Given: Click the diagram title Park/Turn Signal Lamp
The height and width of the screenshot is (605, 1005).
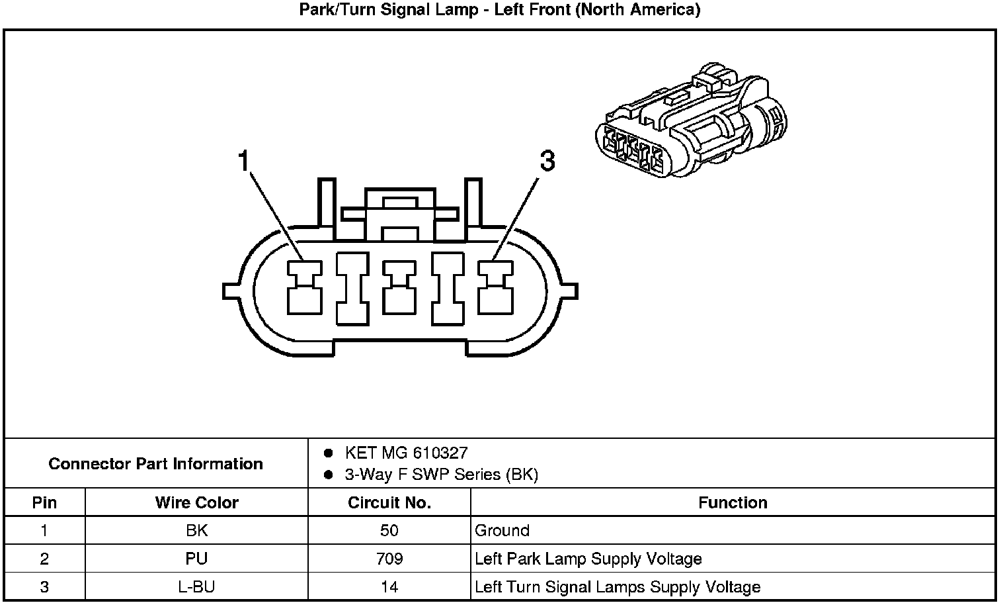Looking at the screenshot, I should [x=500, y=10].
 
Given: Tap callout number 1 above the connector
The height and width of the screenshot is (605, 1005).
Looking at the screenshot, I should [x=244, y=161].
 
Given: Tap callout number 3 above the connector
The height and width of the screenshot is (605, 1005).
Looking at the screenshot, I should [x=547, y=161].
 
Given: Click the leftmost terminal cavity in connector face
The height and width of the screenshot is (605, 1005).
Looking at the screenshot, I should [x=304, y=287].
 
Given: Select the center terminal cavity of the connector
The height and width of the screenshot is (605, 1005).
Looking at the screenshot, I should [x=399, y=287].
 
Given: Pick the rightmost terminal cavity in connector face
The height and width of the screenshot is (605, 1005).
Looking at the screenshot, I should [x=495, y=287].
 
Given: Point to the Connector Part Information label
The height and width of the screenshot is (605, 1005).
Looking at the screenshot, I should [x=156, y=463].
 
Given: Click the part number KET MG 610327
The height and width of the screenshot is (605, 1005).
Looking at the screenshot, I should [x=406, y=453].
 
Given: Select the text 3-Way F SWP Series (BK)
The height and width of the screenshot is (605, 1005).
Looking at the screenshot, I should [x=441, y=475].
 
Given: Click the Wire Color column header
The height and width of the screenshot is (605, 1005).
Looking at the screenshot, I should [x=196, y=502].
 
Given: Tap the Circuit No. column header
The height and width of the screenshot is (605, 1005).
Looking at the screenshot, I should [x=389, y=502].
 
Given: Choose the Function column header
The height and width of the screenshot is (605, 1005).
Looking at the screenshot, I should [x=733, y=502].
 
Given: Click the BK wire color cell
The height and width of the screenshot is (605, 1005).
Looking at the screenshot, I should [x=196, y=530].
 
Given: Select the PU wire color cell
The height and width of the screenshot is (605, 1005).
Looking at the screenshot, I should [x=196, y=559].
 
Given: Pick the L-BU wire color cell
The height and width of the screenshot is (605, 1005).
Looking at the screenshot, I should [x=196, y=586].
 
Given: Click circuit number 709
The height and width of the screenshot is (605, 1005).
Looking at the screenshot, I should [x=389, y=559].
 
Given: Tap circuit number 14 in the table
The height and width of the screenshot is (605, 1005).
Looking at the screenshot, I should [x=389, y=586].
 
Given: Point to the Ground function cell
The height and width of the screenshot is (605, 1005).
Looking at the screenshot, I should [x=502, y=530].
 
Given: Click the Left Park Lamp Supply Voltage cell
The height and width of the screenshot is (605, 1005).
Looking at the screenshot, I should [x=588, y=559].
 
